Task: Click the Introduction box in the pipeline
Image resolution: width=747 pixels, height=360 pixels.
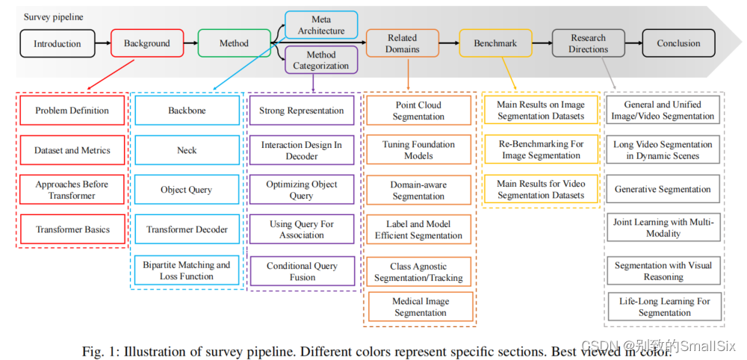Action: (x=57, y=43)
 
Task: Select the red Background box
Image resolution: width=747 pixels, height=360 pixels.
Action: (x=146, y=43)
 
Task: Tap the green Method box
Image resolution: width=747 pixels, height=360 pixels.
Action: (x=234, y=43)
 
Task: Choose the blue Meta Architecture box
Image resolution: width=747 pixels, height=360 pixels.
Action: (x=321, y=25)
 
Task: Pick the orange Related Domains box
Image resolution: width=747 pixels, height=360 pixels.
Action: (x=403, y=43)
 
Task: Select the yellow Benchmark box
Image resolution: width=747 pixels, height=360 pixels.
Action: (x=495, y=43)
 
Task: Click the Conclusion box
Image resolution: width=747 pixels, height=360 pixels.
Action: (x=678, y=43)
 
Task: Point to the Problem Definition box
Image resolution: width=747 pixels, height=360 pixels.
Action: (x=72, y=111)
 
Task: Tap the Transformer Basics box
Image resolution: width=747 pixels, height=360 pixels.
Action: (x=72, y=229)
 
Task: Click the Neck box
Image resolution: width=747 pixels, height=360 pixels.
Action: (x=187, y=150)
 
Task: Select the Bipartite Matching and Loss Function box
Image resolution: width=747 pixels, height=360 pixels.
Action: (x=187, y=270)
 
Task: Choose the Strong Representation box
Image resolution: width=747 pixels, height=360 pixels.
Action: (x=301, y=111)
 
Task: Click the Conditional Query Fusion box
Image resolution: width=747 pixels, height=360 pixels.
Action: (x=301, y=271)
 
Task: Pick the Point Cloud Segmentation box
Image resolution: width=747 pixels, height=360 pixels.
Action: (x=418, y=111)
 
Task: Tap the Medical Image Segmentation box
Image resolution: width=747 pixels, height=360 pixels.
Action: (x=421, y=307)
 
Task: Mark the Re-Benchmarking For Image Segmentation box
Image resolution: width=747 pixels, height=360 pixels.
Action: (x=541, y=149)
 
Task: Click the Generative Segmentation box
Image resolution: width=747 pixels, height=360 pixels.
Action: (x=663, y=189)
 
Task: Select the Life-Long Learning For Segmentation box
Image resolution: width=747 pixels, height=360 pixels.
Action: (x=664, y=307)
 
